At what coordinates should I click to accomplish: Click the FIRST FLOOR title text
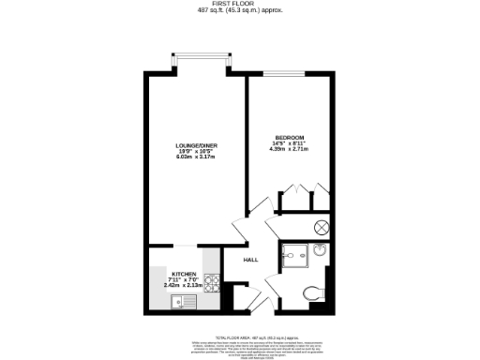click(240, 4)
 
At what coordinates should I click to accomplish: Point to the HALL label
click(250, 260)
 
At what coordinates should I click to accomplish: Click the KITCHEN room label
click(184, 273)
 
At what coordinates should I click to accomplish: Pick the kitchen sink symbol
click(179, 301)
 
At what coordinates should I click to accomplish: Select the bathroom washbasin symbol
click(320, 250)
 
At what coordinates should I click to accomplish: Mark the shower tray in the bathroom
click(295, 254)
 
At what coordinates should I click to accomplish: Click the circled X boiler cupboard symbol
click(321, 226)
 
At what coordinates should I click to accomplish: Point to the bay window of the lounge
click(200, 63)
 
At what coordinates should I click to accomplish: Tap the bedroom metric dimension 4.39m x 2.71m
click(290, 148)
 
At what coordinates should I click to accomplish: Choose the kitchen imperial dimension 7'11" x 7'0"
click(184, 278)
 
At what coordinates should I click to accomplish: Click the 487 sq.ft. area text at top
click(240, 10)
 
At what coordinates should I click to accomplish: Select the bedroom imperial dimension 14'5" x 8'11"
click(290, 142)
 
